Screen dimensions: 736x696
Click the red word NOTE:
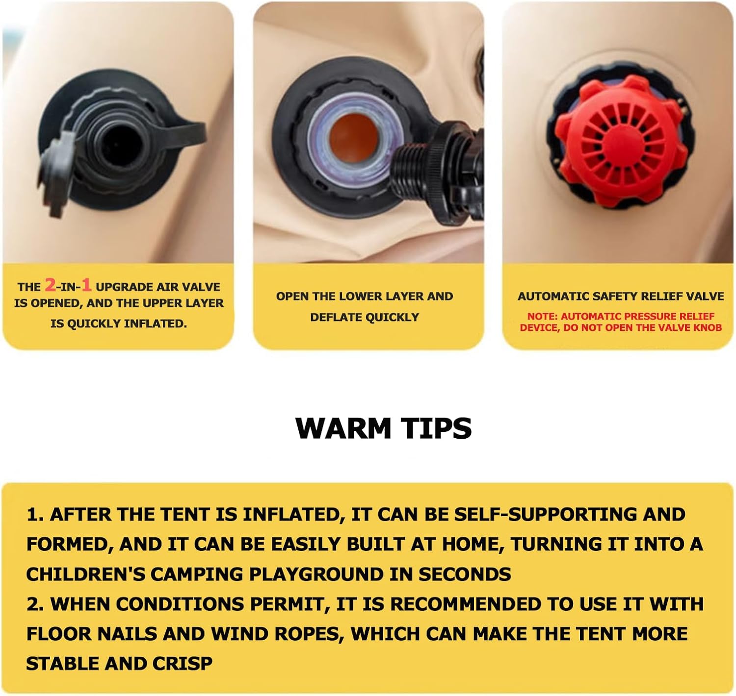[x=543, y=317]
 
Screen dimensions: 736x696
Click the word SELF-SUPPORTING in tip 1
[x=545, y=514]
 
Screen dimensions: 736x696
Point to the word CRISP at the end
[x=183, y=664]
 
